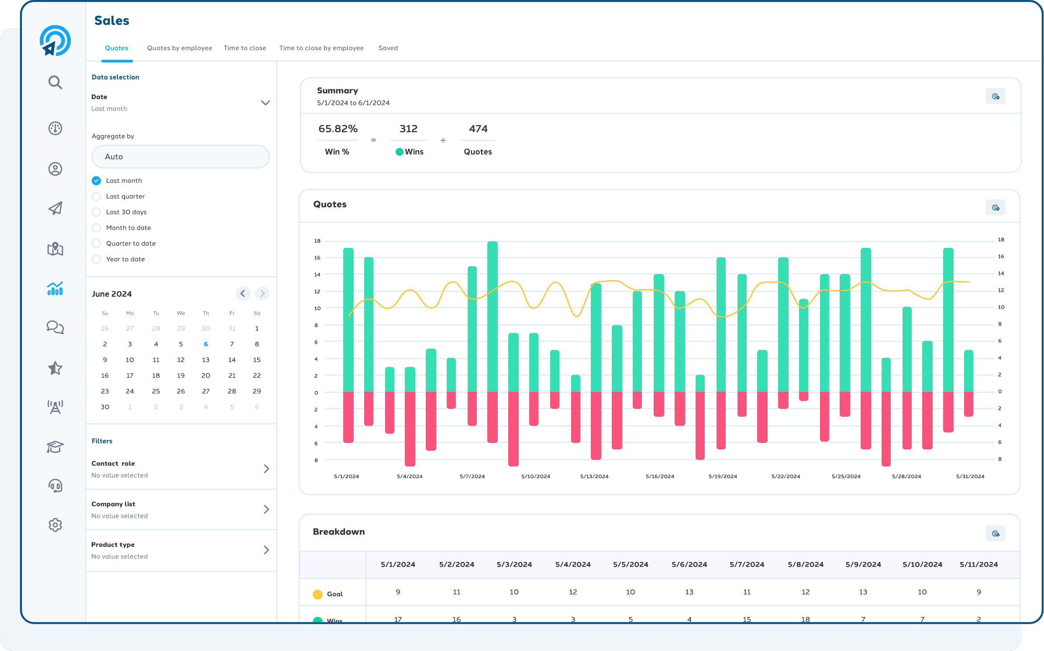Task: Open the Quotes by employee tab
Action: point(179,48)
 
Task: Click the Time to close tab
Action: point(245,48)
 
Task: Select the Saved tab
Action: point(388,48)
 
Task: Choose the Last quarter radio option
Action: point(96,196)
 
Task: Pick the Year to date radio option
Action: point(96,259)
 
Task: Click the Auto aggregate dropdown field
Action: point(180,157)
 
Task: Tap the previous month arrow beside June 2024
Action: point(243,293)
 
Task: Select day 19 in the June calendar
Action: point(181,375)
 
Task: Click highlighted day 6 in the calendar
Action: point(206,344)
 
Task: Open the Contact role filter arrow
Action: point(266,469)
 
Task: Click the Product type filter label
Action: point(113,545)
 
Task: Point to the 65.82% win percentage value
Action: point(338,129)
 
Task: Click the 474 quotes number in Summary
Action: point(478,129)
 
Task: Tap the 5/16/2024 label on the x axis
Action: point(659,476)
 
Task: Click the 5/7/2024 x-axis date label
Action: point(472,476)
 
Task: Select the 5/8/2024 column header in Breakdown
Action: point(805,564)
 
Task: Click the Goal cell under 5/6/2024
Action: point(689,592)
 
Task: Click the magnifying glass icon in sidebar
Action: point(55,82)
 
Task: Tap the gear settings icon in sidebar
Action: point(55,525)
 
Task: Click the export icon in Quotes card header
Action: point(995,208)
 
